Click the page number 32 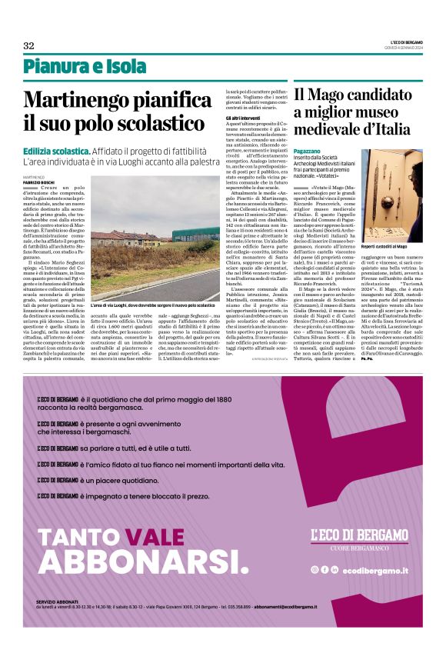click(28, 45)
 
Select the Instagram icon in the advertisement click(315, 569)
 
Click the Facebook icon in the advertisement click(324, 569)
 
